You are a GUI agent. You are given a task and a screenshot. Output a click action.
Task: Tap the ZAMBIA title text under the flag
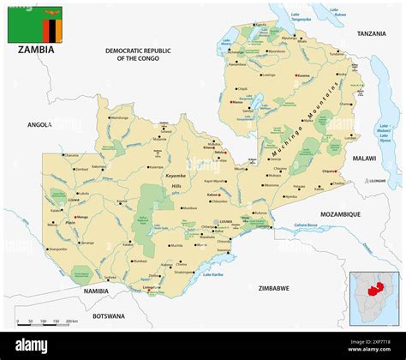tap(35, 50)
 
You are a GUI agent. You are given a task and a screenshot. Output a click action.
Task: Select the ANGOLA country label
tap(39, 124)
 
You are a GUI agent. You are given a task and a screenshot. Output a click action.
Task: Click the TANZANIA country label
tap(372, 33)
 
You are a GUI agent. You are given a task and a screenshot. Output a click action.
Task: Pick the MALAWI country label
tap(364, 159)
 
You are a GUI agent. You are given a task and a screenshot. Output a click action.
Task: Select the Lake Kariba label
tap(213, 275)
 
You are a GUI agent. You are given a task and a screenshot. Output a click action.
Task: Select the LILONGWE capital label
tap(377, 181)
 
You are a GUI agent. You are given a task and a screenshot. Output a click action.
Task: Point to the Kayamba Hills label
tap(175, 180)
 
